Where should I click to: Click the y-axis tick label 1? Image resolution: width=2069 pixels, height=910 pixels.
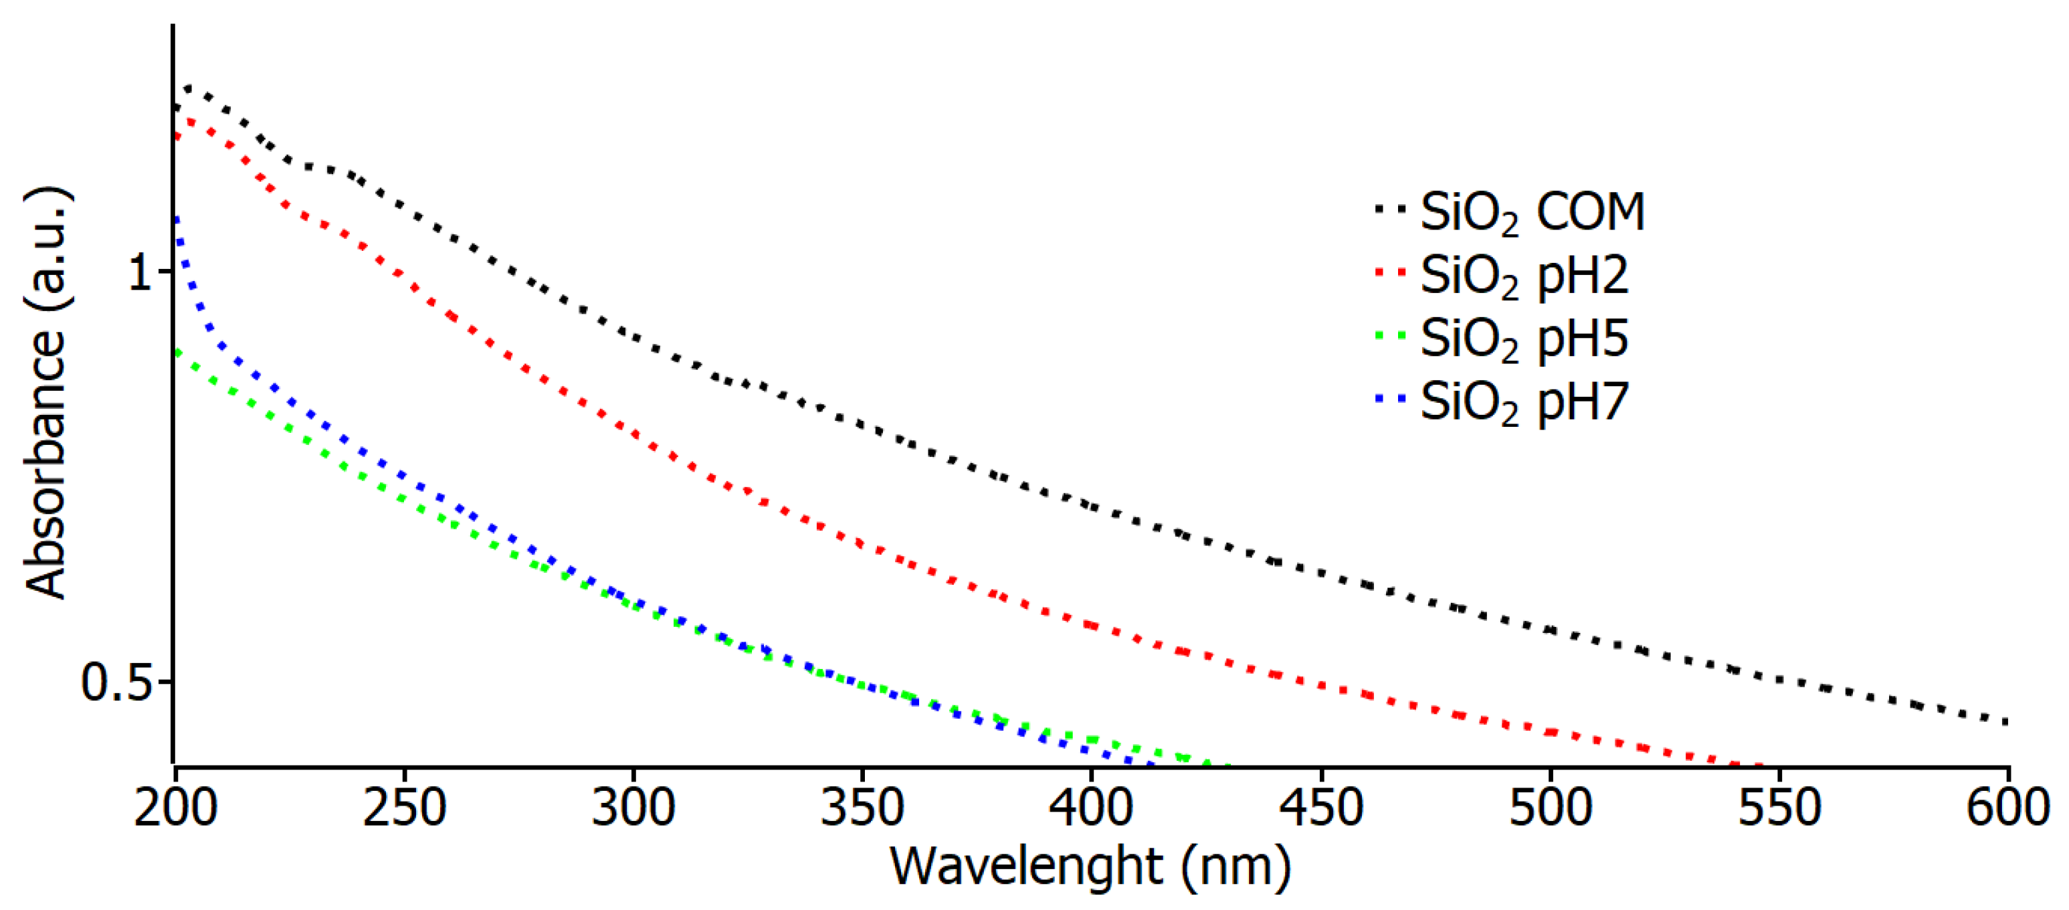[x=140, y=273]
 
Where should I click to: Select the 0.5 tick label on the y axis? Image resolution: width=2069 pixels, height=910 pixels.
[x=116, y=682]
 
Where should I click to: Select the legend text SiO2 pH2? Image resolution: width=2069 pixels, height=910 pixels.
[x=1524, y=276]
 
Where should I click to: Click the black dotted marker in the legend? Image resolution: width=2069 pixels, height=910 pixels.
[x=1390, y=209]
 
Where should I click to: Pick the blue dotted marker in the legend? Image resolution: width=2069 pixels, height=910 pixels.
[x=1390, y=397]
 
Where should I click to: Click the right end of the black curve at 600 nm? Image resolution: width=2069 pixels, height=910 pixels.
[x=2005, y=722]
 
